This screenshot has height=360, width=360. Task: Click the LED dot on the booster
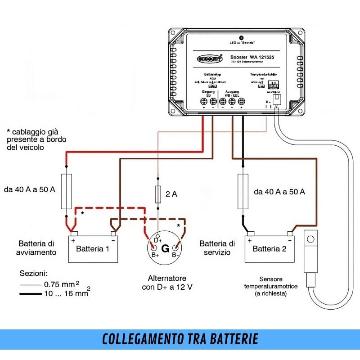[242, 38]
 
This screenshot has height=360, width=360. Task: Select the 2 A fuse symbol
[157, 194]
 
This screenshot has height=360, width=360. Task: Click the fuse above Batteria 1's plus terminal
[66, 191]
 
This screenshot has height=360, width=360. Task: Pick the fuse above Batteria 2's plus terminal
[243, 191]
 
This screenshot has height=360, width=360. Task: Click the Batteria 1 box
[93, 248]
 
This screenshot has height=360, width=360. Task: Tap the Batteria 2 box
[270, 248]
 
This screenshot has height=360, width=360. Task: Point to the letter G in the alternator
[165, 248]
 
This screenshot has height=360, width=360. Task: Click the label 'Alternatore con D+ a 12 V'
[167, 283]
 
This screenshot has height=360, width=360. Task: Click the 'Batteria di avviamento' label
[38, 248]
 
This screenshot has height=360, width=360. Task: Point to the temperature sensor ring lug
[311, 238]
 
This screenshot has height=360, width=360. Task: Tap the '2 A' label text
[171, 194]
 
